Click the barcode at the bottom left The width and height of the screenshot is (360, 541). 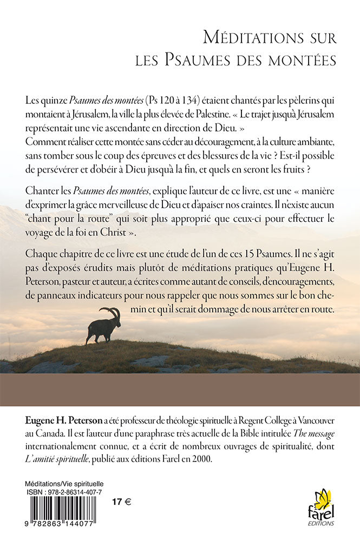pyautogui.click(x=63, y=508)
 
